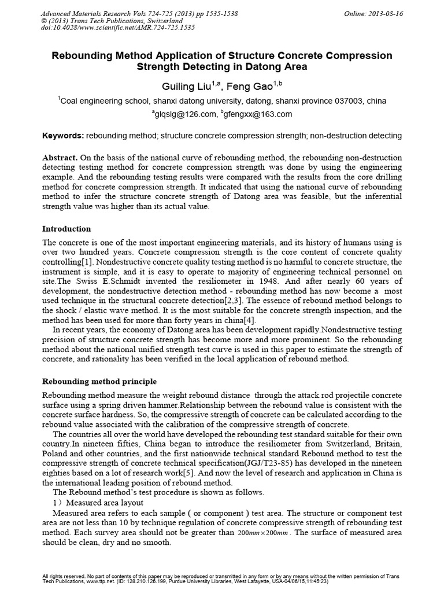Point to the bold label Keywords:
[x=64, y=136]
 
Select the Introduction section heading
[x=67, y=229]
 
